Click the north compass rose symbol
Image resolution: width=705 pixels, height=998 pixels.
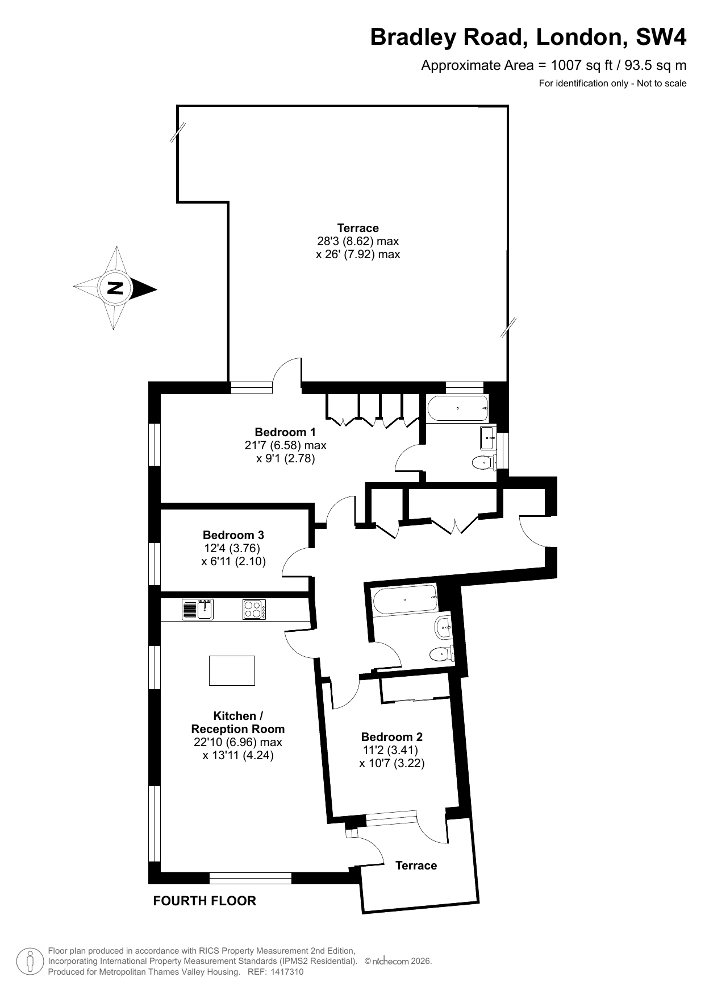[x=115, y=288]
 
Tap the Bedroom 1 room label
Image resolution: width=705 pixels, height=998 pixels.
[x=285, y=432]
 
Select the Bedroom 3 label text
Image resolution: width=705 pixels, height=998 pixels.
[x=233, y=535]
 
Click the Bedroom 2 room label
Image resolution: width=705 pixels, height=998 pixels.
[x=392, y=737]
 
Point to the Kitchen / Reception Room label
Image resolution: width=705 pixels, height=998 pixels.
[x=238, y=722]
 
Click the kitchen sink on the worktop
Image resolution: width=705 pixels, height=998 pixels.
[x=198, y=610]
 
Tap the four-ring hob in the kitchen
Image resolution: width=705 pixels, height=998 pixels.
[x=255, y=610]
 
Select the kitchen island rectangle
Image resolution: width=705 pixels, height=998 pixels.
[x=232, y=670]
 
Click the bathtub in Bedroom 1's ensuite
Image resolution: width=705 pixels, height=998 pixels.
[x=457, y=408]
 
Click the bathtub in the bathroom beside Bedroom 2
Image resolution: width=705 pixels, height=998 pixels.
[x=404, y=599]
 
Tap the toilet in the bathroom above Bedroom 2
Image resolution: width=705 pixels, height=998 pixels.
[x=441, y=655]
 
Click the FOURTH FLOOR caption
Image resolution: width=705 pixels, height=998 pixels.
[x=205, y=901]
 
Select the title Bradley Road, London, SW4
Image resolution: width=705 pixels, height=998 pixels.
[x=528, y=38]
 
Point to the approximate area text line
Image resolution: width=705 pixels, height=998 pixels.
[x=554, y=65]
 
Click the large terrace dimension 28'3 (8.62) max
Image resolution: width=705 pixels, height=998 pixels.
[x=358, y=241]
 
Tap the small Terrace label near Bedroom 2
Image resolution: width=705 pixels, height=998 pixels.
[x=416, y=866]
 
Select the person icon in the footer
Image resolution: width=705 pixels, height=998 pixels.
[x=30, y=961]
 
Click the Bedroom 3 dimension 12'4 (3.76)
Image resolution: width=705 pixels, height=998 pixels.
[x=232, y=549]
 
